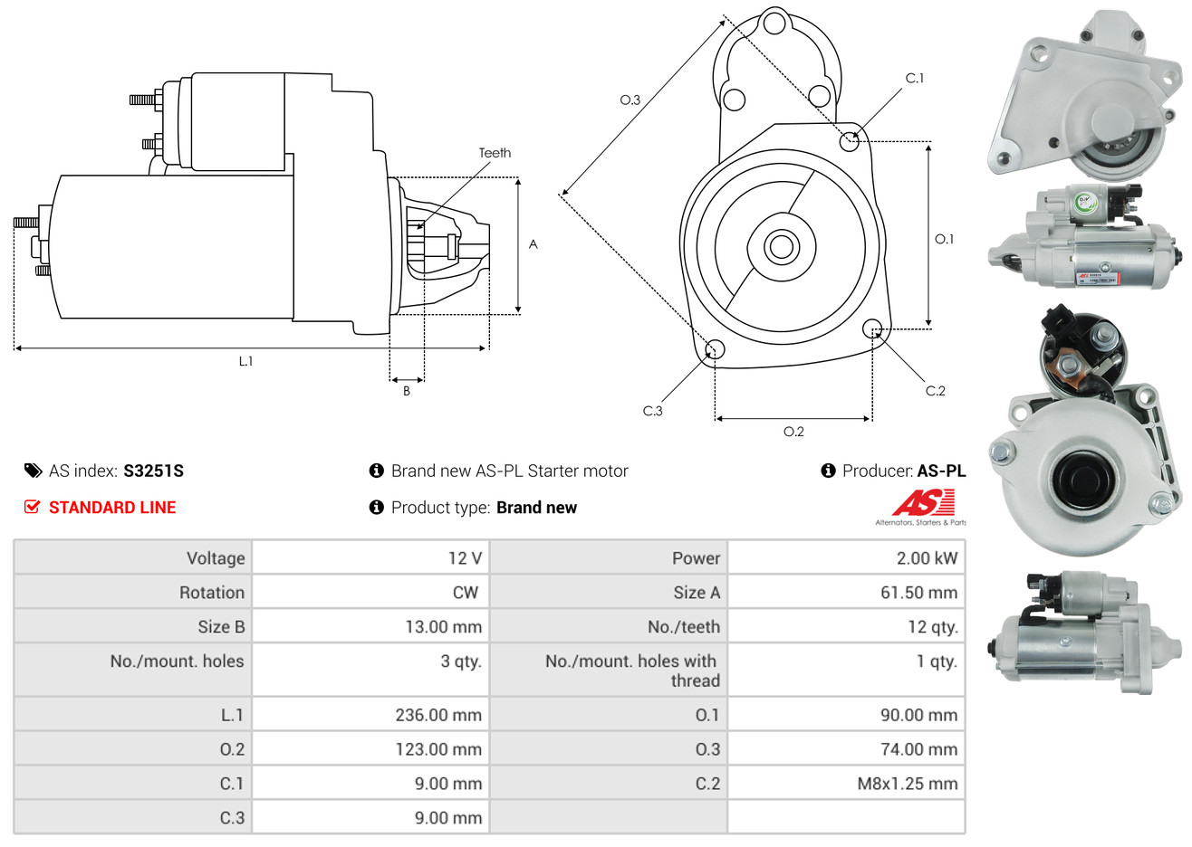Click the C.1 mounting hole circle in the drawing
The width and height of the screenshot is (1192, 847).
click(x=850, y=140)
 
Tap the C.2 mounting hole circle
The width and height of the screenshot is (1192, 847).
click(x=872, y=328)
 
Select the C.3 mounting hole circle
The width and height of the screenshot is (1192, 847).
click(x=715, y=349)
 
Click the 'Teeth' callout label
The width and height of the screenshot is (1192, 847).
click(x=495, y=153)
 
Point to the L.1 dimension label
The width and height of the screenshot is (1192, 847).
click(x=245, y=361)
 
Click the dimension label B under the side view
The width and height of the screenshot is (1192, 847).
click(x=407, y=391)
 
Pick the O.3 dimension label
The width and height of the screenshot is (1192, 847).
click(x=630, y=100)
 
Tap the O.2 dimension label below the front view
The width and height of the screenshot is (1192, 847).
click(x=793, y=432)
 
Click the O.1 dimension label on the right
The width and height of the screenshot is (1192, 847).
click(x=944, y=239)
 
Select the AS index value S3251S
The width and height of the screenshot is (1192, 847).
click(x=153, y=471)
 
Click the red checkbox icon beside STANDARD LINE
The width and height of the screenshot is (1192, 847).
click(x=32, y=507)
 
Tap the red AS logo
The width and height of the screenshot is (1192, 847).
click(x=923, y=502)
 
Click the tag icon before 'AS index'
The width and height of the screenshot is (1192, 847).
click(x=33, y=471)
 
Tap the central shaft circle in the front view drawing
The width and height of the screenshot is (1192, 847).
click(x=780, y=245)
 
